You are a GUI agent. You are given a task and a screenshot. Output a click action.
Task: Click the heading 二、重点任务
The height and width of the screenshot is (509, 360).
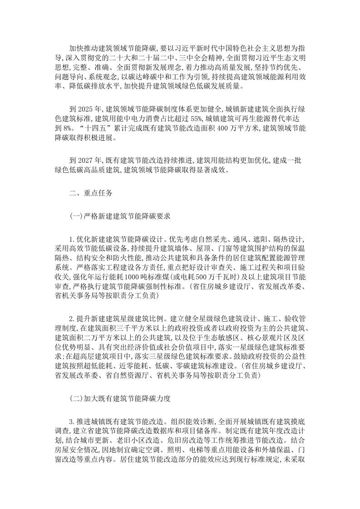coord(88,192)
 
